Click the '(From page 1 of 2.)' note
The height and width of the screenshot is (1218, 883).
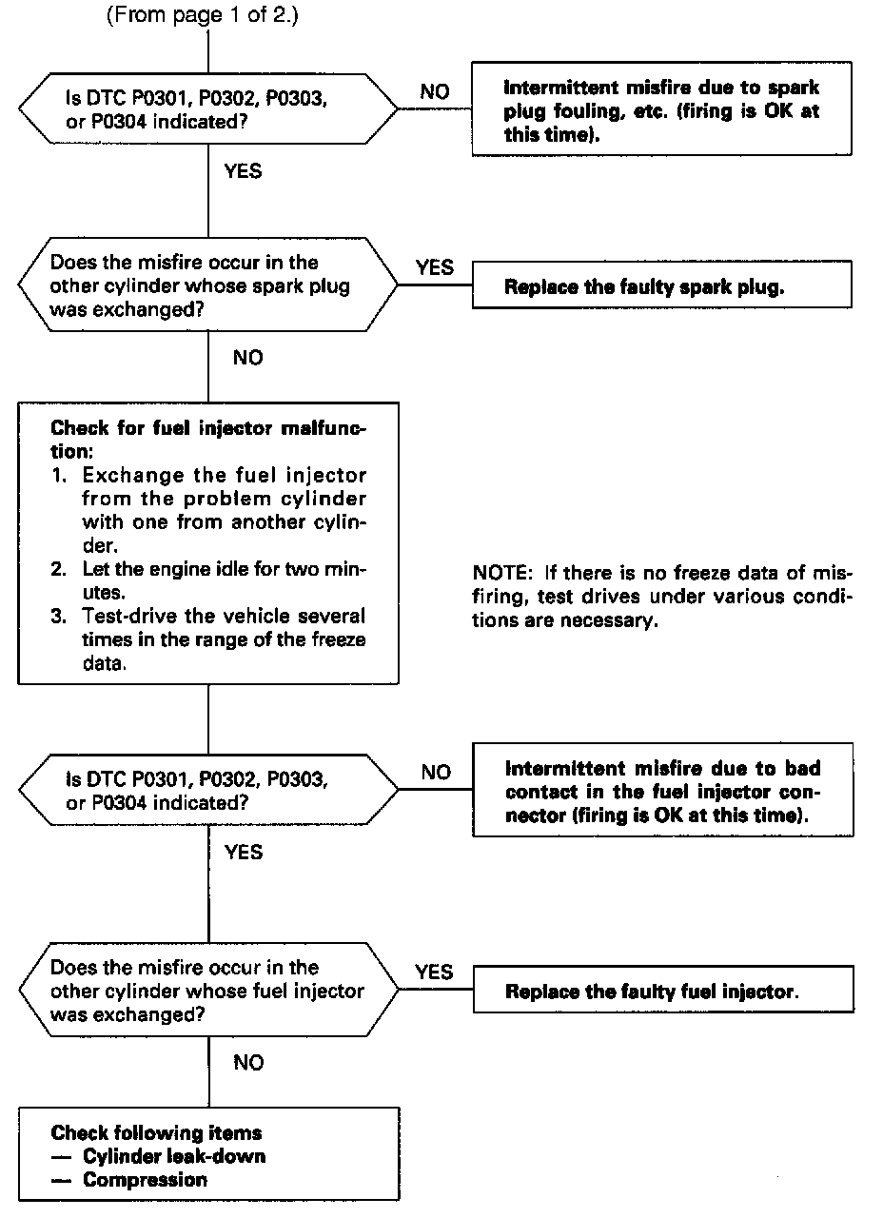point(205,16)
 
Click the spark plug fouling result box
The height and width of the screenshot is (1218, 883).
point(661,110)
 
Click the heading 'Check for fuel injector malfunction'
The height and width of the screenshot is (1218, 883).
point(207,440)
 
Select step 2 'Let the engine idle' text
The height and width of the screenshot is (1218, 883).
point(207,580)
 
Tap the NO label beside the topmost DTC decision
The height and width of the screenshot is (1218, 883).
point(435,92)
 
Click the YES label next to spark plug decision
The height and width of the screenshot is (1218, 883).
point(435,267)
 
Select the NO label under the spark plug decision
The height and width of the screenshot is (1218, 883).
point(247,358)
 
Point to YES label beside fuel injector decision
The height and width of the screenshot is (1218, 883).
point(435,972)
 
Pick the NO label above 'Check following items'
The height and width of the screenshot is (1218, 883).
point(247,1062)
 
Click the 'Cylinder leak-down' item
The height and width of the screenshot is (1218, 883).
point(174,1156)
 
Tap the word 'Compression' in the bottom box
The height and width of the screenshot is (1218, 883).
point(145,1180)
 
